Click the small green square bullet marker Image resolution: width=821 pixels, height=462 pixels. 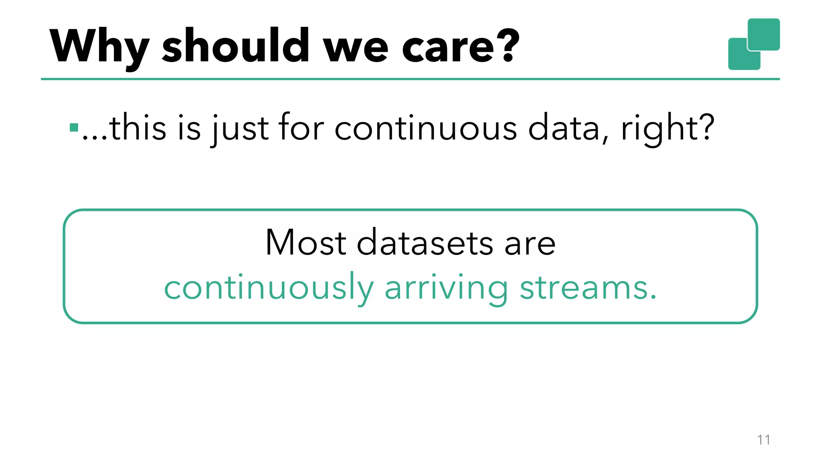click(x=74, y=128)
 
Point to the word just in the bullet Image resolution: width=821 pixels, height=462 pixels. click(x=240, y=128)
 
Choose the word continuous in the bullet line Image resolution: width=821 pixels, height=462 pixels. click(x=425, y=128)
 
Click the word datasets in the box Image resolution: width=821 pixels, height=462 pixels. click(x=425, y=243)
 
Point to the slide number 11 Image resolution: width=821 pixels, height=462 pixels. click(x=763, y=440)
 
